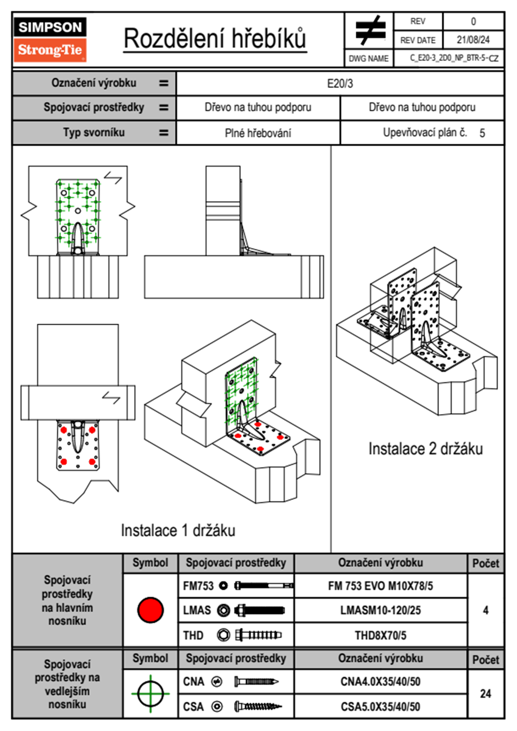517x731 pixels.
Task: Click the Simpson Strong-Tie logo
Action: click(50, 40)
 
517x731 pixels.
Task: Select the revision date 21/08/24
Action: click(473, 40)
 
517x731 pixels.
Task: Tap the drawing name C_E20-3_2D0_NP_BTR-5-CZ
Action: click(454, 58)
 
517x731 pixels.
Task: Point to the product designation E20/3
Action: click(340, 83)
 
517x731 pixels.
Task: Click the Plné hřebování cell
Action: click(258, 133)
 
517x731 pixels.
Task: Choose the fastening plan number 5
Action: click(482, 133)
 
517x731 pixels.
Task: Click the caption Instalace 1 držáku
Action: click(178, 530)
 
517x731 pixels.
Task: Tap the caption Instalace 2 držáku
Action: click(425, 449)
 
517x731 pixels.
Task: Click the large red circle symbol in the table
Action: click(150, 610)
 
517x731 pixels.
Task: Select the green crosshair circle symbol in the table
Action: click(150, 694)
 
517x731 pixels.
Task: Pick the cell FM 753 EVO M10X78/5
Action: click(380, 586)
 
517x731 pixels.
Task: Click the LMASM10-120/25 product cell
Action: click(380, 611)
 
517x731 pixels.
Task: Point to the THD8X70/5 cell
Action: click(380, 635)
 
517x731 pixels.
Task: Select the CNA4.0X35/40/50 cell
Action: click(380, 681)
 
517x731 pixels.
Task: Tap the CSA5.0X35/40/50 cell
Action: click(380, 707)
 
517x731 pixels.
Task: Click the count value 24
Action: click(485, 694)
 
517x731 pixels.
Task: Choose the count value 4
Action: click(485, 610)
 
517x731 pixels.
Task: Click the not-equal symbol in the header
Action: click(370, 30)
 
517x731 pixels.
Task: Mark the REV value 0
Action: click(473, 21)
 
